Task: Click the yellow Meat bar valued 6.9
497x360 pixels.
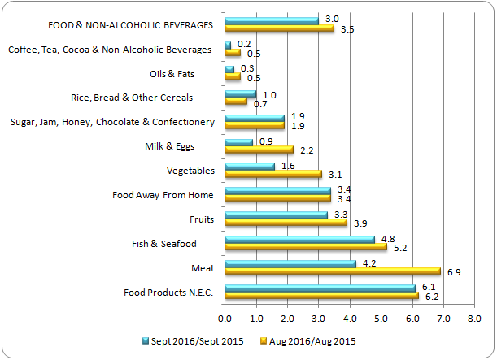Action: click(332, 271)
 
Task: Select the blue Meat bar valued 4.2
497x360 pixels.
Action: click(290, 263)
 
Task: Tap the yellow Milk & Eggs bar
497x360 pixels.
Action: click(259, 150)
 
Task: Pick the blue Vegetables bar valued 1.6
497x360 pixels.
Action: click(249, 166)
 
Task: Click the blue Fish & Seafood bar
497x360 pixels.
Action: click(299, 239)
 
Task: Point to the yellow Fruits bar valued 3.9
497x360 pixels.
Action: click(286, 223)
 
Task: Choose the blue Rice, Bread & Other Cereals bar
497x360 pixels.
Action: click(240, 93)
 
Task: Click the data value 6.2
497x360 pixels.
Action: click(433, 297)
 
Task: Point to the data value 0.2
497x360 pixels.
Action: click(242, 43)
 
